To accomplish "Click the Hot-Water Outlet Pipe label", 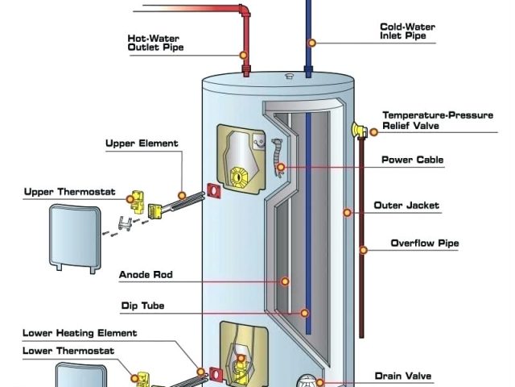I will (155, 42).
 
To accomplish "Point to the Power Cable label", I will (412, 160).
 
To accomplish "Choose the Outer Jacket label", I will (406, 206).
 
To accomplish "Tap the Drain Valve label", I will (403, 376).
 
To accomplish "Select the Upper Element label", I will (142, 144).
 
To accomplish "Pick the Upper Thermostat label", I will (70, 192).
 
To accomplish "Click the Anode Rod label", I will (146, 275).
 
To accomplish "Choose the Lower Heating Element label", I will (80, 333).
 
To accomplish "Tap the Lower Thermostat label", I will (68, 351).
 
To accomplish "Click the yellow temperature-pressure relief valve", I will (357, 128).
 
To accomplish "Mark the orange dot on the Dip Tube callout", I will (305, 312).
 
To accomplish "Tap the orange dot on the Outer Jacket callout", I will (348, 213).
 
